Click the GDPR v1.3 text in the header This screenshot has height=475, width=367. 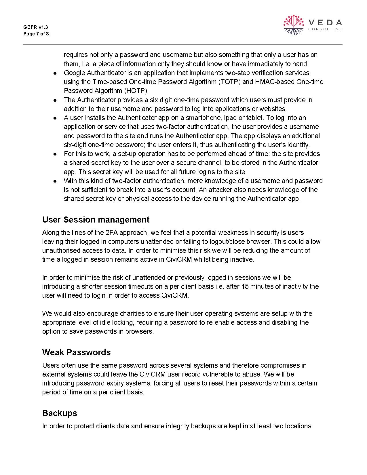(x=36, y=27)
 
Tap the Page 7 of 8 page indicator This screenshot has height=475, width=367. (x=36, y=34)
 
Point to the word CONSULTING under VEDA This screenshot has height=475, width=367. (x=325, y=29)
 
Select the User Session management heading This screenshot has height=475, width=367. (x=96, y=220)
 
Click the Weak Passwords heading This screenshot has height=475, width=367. (x=76, y=352)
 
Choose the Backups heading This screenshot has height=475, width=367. (x=60, y=413)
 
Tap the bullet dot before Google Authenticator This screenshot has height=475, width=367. (x=55, y=73)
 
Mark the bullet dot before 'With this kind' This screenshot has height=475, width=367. (x=55, y=181)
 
